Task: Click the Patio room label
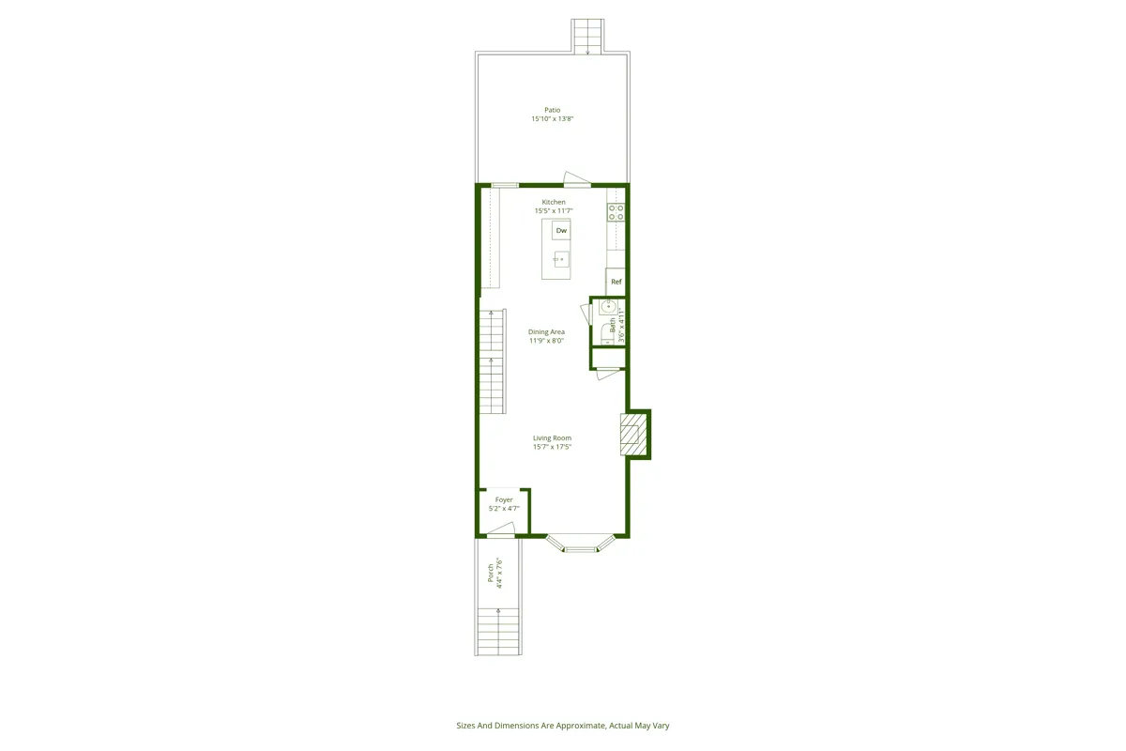[x=552, y=110]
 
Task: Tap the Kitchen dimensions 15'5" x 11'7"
[x=553, y=211]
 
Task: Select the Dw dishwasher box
[x=561, y=230]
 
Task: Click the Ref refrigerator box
[x=616, y=282]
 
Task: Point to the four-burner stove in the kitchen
[x=616, y=212]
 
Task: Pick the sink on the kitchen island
[x=560, y=259]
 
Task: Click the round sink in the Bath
[x=607, y=306]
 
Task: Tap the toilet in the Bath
[x=606, y=331]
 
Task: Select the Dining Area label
[x=546, y=331]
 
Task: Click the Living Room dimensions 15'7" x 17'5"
[x=552, y=447]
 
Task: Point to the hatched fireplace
[x=631, y=435]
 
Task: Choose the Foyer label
[x=504, y=499]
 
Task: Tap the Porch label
[x=491, y=574]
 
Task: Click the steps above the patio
[x=587, y=36]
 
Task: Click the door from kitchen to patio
[x=575, y=178]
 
